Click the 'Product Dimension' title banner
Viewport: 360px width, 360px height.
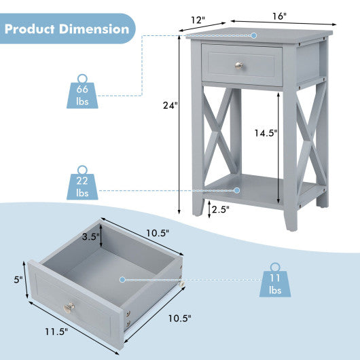(x=67, y=29)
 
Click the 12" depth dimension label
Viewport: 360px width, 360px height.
(x=198, y=21)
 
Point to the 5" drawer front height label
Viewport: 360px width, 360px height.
(x=20, y=278)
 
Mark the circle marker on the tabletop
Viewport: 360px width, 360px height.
(x=253, y=35)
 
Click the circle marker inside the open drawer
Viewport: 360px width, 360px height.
(x=123, y=279)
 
